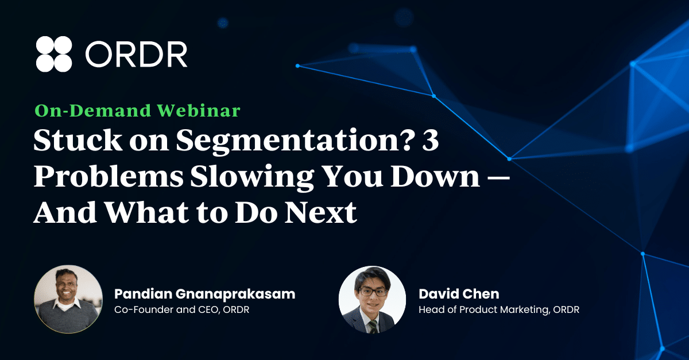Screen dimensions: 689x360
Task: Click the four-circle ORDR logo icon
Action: (54, 54)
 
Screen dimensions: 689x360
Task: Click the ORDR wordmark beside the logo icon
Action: (136, 55)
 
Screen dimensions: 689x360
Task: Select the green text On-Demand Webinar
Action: (137, 110)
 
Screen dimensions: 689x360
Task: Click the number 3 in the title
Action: (430, 140)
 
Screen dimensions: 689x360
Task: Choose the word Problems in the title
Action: (109, 176)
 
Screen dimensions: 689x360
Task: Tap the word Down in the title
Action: (435, 176)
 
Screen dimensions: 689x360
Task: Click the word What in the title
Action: (148, 212)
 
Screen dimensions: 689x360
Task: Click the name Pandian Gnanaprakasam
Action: (205, 294)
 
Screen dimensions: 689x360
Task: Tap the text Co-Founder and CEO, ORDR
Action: (182, 309)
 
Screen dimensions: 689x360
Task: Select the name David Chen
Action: (459, 294)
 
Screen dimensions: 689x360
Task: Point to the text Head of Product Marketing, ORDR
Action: (499, 309)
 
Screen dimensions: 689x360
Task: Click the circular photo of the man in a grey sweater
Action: (68, 299)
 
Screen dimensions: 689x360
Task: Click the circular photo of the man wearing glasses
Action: (372, 300)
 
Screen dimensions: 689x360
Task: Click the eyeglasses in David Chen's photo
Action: (373, 291)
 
